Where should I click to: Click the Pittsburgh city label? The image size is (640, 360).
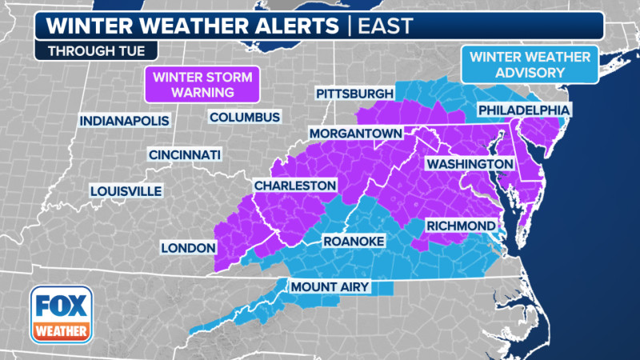tap(355, 94)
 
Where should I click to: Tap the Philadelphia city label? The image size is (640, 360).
tap(523, 110)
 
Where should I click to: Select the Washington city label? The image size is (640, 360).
tap(469, 164)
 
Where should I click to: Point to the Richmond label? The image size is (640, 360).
tap(459, 226)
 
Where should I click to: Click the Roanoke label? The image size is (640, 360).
tap(354, 241)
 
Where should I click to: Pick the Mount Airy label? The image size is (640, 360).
tap(323, 286)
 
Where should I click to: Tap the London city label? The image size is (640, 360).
tap(189, 247)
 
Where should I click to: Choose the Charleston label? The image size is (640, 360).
tap(294, 186)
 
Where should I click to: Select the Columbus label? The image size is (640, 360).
tap(245, 117)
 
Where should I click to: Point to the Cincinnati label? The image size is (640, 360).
tap(185, 154)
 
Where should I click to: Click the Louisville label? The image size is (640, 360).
tap(126, 191)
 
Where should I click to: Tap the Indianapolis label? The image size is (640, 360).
tap(126, 121)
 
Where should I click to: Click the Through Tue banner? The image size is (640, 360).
tap(86, 51)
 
